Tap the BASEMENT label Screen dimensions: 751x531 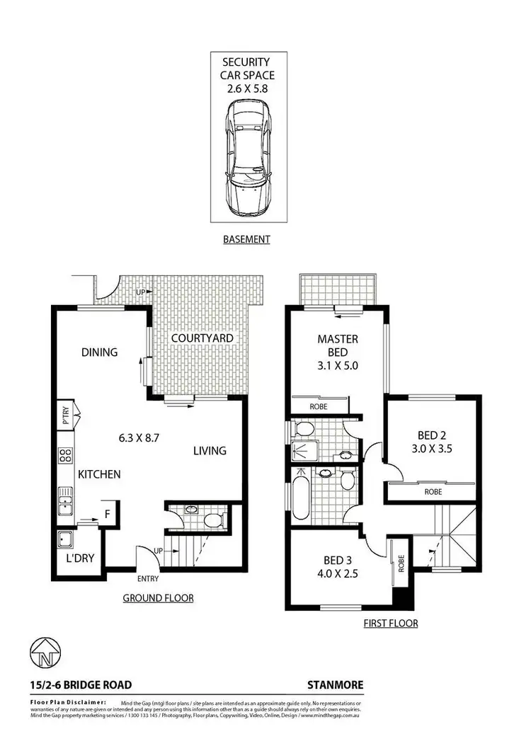point(246,239)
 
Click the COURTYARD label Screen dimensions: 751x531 point(202,338)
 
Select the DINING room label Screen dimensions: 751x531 point(99,352)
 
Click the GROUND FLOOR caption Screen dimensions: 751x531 point(158,598)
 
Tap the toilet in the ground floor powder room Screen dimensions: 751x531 point(212,520)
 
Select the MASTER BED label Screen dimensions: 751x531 point(337,345)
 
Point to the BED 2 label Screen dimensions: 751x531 point(432,435)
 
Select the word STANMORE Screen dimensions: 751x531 point(336,684)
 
